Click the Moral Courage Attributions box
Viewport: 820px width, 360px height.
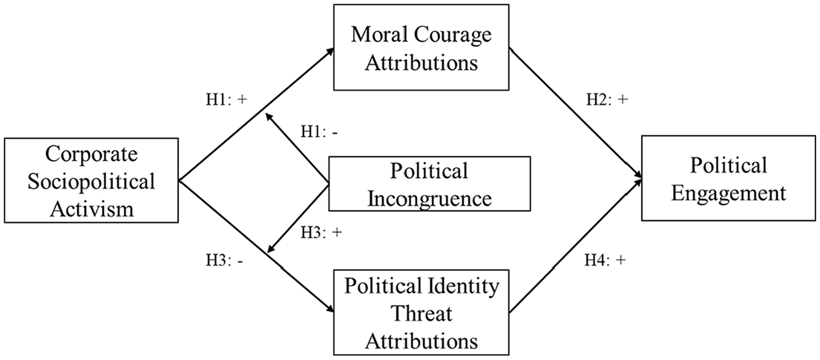[421, 47]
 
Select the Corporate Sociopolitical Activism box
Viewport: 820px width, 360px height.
[91, 180]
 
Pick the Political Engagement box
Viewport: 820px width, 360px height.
[729, 179]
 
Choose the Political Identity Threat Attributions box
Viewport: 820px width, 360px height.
[422, 313]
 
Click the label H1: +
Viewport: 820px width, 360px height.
[226, 100]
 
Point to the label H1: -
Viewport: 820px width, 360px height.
[318, 132]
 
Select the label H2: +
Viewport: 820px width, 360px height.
[606, 101]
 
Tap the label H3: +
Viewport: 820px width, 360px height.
[321, 233]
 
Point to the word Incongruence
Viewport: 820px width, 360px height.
[430, 199]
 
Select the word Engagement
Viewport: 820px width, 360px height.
[729, 193]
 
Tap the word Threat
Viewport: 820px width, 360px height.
[422, 314]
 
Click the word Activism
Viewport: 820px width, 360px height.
[91, 209]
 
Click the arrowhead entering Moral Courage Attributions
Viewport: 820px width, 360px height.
[330, 50]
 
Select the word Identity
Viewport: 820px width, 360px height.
[461, 287]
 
